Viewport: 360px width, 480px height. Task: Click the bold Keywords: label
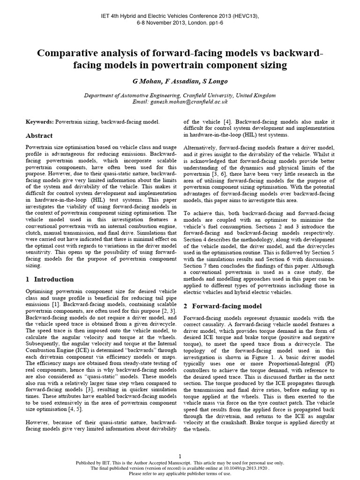tap(39, 121)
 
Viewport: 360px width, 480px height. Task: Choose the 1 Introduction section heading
tap(49, 279)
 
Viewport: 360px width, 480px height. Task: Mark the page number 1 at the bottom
tap(180, 456)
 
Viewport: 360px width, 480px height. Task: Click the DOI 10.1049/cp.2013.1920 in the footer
tap(243, 468)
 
